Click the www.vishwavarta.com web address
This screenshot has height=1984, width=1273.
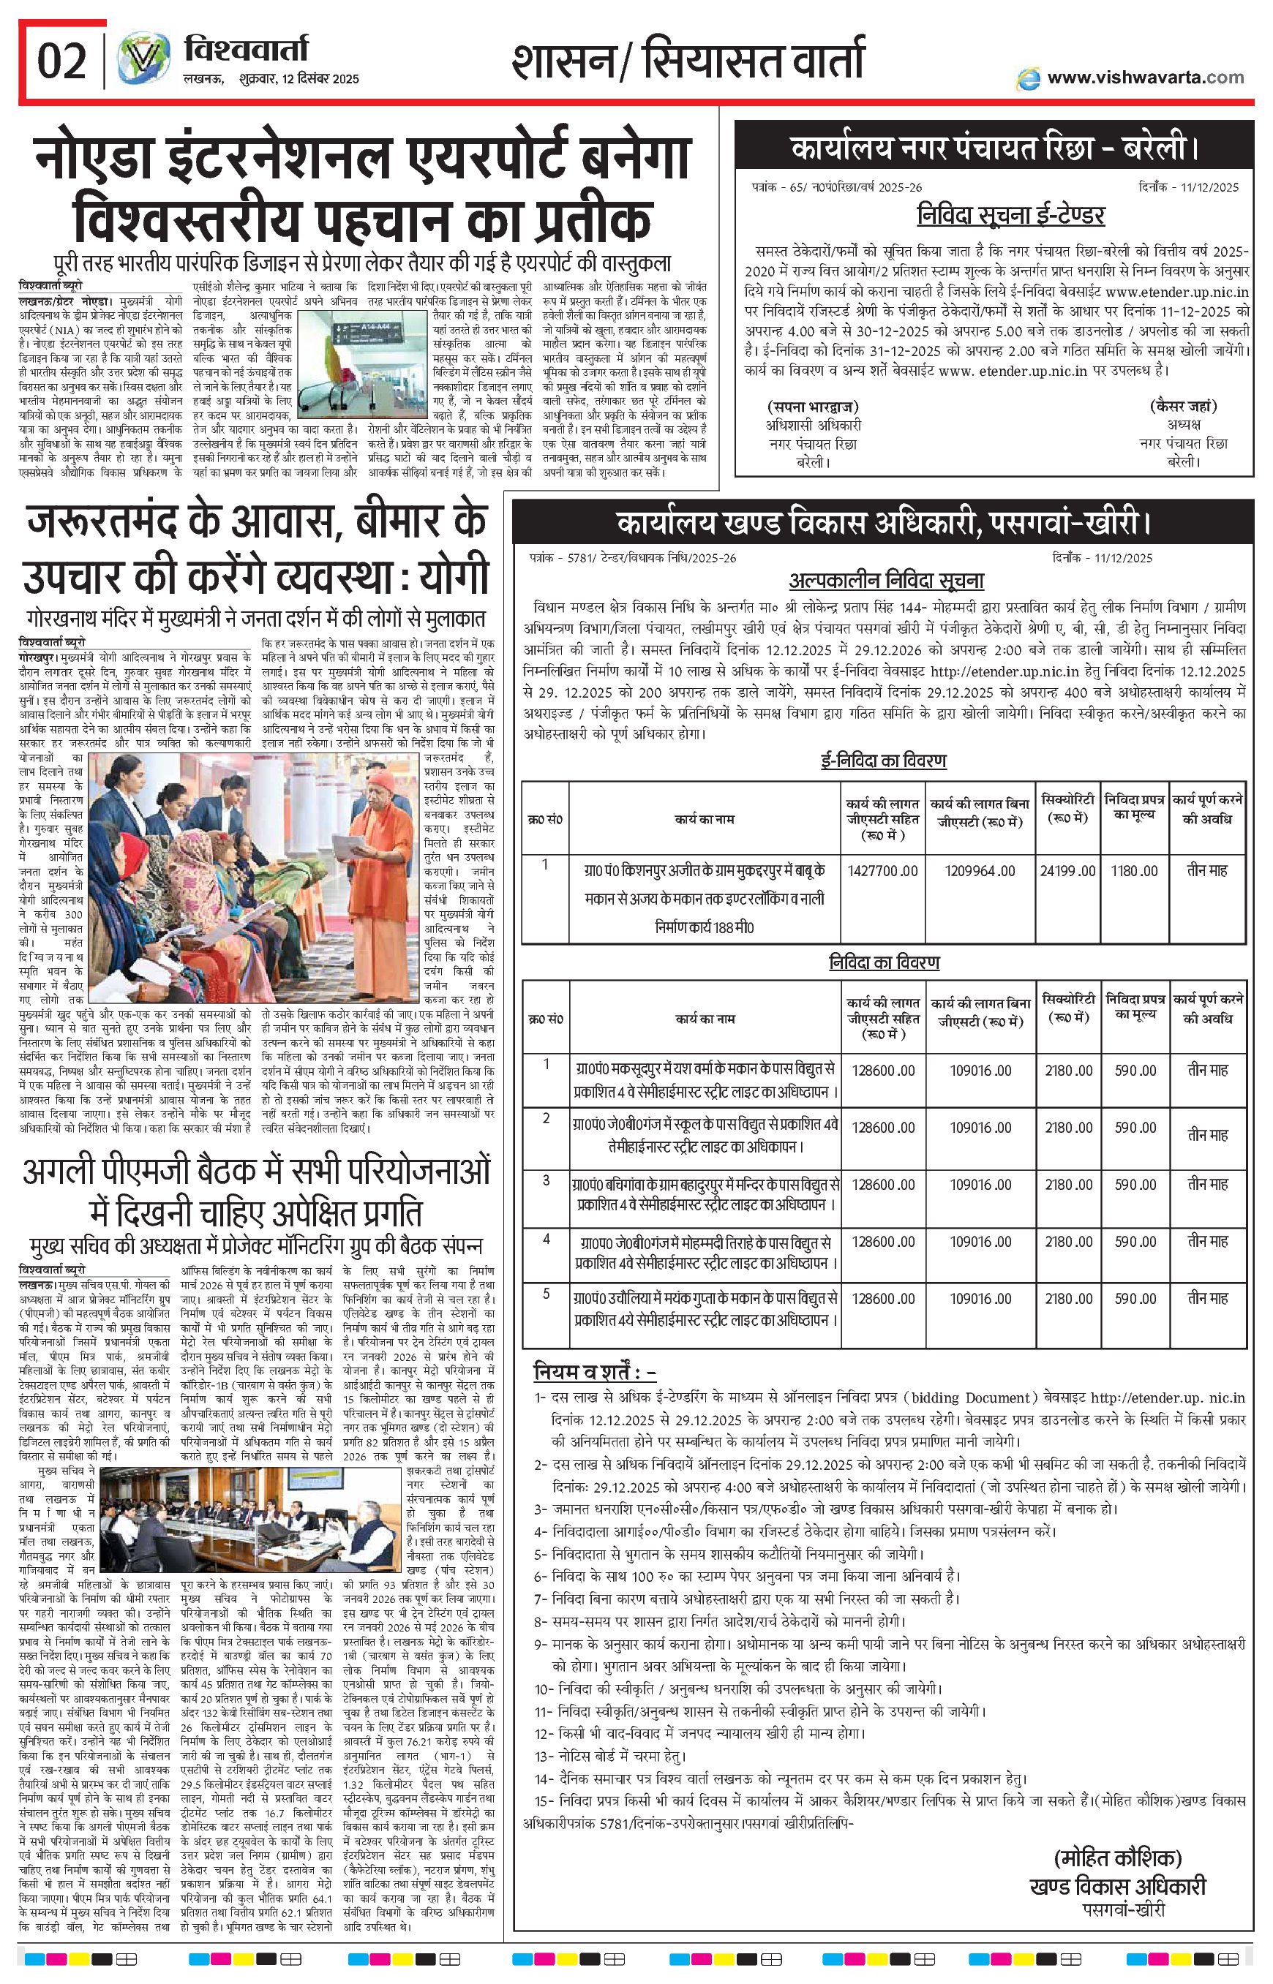point(1145,78)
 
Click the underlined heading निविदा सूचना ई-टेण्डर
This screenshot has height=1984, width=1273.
point(1010,216)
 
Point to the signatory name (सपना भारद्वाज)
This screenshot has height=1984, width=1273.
point(813,407)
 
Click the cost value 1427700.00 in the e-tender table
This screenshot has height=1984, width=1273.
point(883,870)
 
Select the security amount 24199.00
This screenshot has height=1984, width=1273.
point(1068,870)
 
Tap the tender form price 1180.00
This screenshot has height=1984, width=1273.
point(1135,870)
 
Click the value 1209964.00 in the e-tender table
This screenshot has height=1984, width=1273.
point(980,870)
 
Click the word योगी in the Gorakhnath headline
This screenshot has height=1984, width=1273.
point(454,576)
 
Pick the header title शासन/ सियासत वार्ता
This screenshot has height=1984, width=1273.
point(688,63)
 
